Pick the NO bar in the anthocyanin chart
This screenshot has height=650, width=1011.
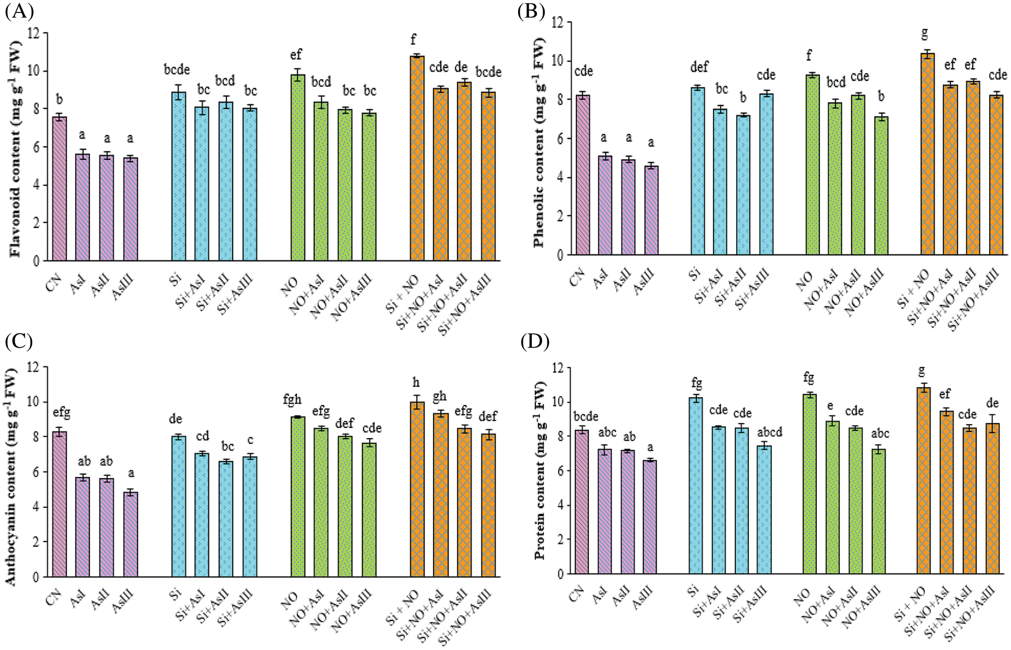point(298,496)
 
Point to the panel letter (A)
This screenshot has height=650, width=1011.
point(19,11)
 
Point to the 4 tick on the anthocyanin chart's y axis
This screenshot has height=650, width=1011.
point(35,507)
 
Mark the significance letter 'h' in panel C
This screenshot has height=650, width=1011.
point(416,383)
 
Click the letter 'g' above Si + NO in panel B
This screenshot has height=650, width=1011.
point(924,34)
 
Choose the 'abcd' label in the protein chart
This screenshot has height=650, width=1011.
point(770,432)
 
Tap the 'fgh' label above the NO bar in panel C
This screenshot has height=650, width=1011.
point(292,400)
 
